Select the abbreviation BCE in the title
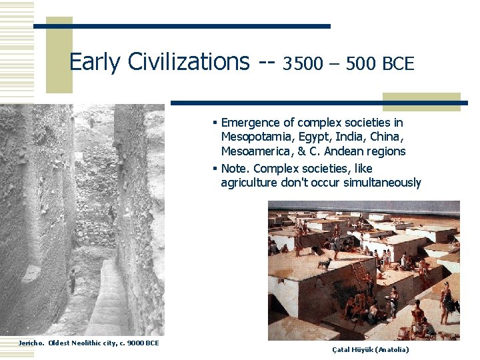pyautogui.click(x=398, y=64)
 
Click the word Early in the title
pyautogui.click(x=93, y=62)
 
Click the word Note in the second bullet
pyautogui.click(x=233, y=169)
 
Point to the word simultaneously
pyautogui.click(x=382, y=183)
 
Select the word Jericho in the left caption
pyautogui.click(x=31, y=343)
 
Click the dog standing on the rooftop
pyautogui.click(x=324, y=265)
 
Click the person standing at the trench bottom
pyautogui.click(x=72, y=280)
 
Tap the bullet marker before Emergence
pyautogui.click(x=215, y=123)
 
